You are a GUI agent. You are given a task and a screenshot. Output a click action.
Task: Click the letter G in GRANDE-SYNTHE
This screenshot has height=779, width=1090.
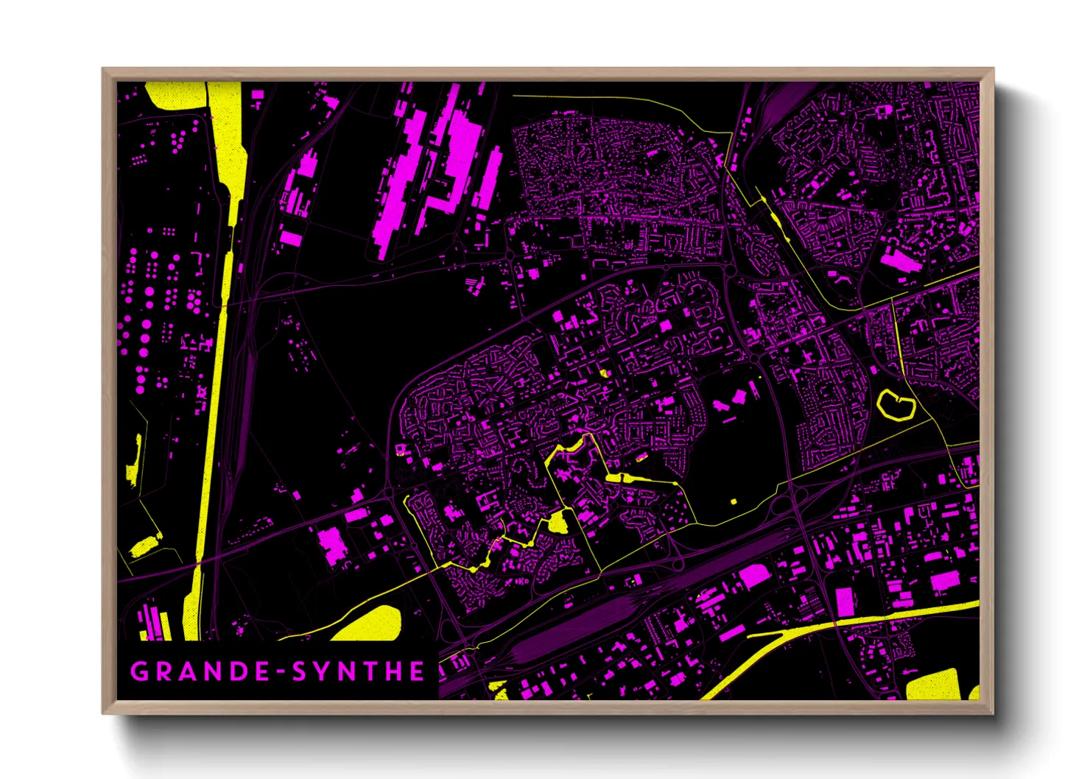[138, 672]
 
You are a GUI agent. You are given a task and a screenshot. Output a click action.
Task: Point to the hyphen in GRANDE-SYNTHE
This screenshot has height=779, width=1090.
[280, 672]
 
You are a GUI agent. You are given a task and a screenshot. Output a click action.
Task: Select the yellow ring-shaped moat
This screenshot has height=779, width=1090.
[896, 406]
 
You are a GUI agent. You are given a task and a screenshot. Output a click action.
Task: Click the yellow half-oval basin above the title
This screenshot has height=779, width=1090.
[372, 624]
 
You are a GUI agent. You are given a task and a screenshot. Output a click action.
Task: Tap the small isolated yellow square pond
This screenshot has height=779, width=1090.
[734, 501]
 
